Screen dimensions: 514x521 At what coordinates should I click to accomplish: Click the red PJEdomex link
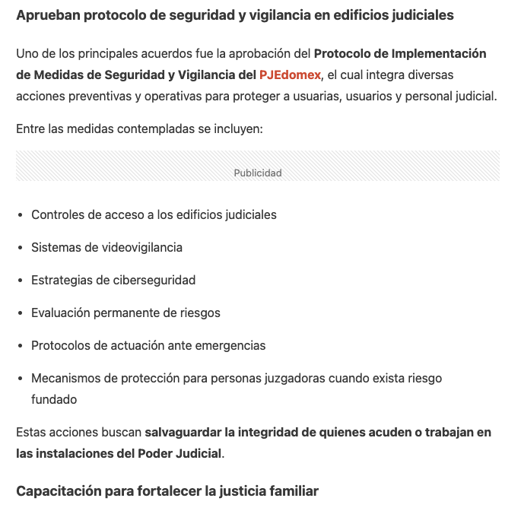pos(290,75)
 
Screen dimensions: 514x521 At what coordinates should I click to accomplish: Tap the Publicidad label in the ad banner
pos(258,173)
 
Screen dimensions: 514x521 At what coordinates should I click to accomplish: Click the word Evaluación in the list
pos(61,313)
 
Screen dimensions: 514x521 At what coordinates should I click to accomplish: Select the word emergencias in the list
pos(227,345)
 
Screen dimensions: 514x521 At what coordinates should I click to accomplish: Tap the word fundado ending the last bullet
pos(54,399)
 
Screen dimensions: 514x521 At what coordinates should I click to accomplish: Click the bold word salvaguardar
pos(183,433)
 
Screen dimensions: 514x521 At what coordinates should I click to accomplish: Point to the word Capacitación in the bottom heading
pos(58,491)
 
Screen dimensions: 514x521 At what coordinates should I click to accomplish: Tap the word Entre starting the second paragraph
pos(30,128)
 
